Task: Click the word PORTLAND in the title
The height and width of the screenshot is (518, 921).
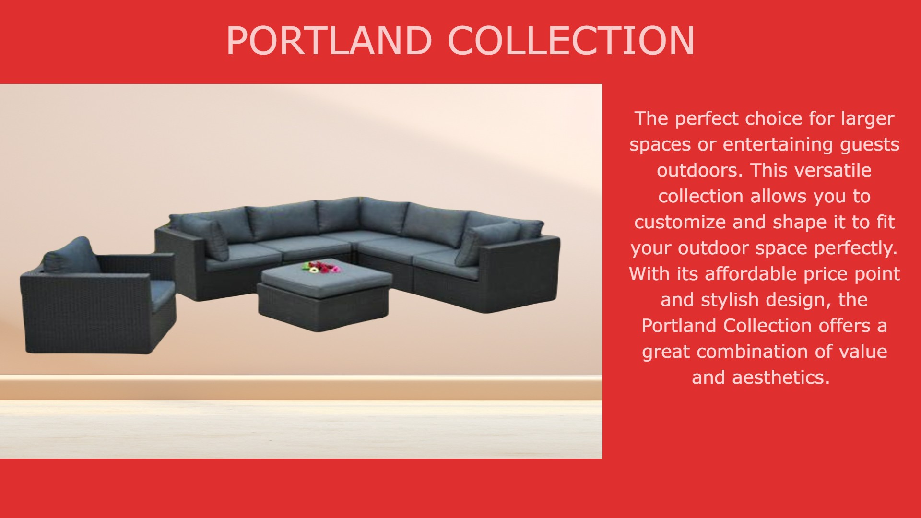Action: [x=329, y=41]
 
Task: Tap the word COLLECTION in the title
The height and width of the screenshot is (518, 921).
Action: [x=571, y=41]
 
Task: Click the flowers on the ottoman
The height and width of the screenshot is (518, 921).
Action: [x=321, y=267]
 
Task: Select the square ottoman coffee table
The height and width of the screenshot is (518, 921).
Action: [x=324, y=294]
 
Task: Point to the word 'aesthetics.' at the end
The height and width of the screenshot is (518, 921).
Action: [x=780, y=377]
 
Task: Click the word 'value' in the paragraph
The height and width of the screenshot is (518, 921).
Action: [x=863, y=352]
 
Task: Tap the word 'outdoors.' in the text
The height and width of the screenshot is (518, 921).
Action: [x=700, y=170]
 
